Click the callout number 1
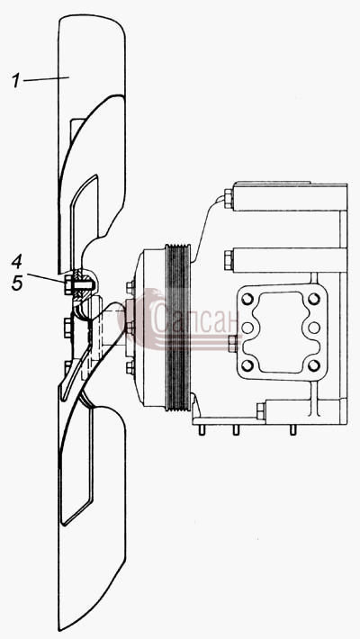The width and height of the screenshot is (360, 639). [x=15, y=80]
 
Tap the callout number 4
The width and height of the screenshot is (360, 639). [x=17, y=263]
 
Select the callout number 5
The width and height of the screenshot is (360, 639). [x=17, y=283]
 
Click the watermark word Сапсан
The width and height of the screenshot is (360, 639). [x=195, y=319]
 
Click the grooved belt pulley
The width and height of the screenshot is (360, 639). [x=178, y=328]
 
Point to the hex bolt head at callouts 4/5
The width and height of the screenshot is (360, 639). [x=68, y=284]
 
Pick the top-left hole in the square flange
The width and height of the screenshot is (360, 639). [x=247, y=300]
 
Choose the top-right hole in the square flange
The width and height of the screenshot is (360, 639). [x=313, y=299]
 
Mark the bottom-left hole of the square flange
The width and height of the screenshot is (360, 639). [x=247, y=364]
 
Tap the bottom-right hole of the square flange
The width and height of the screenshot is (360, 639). [x=313, y=365]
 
